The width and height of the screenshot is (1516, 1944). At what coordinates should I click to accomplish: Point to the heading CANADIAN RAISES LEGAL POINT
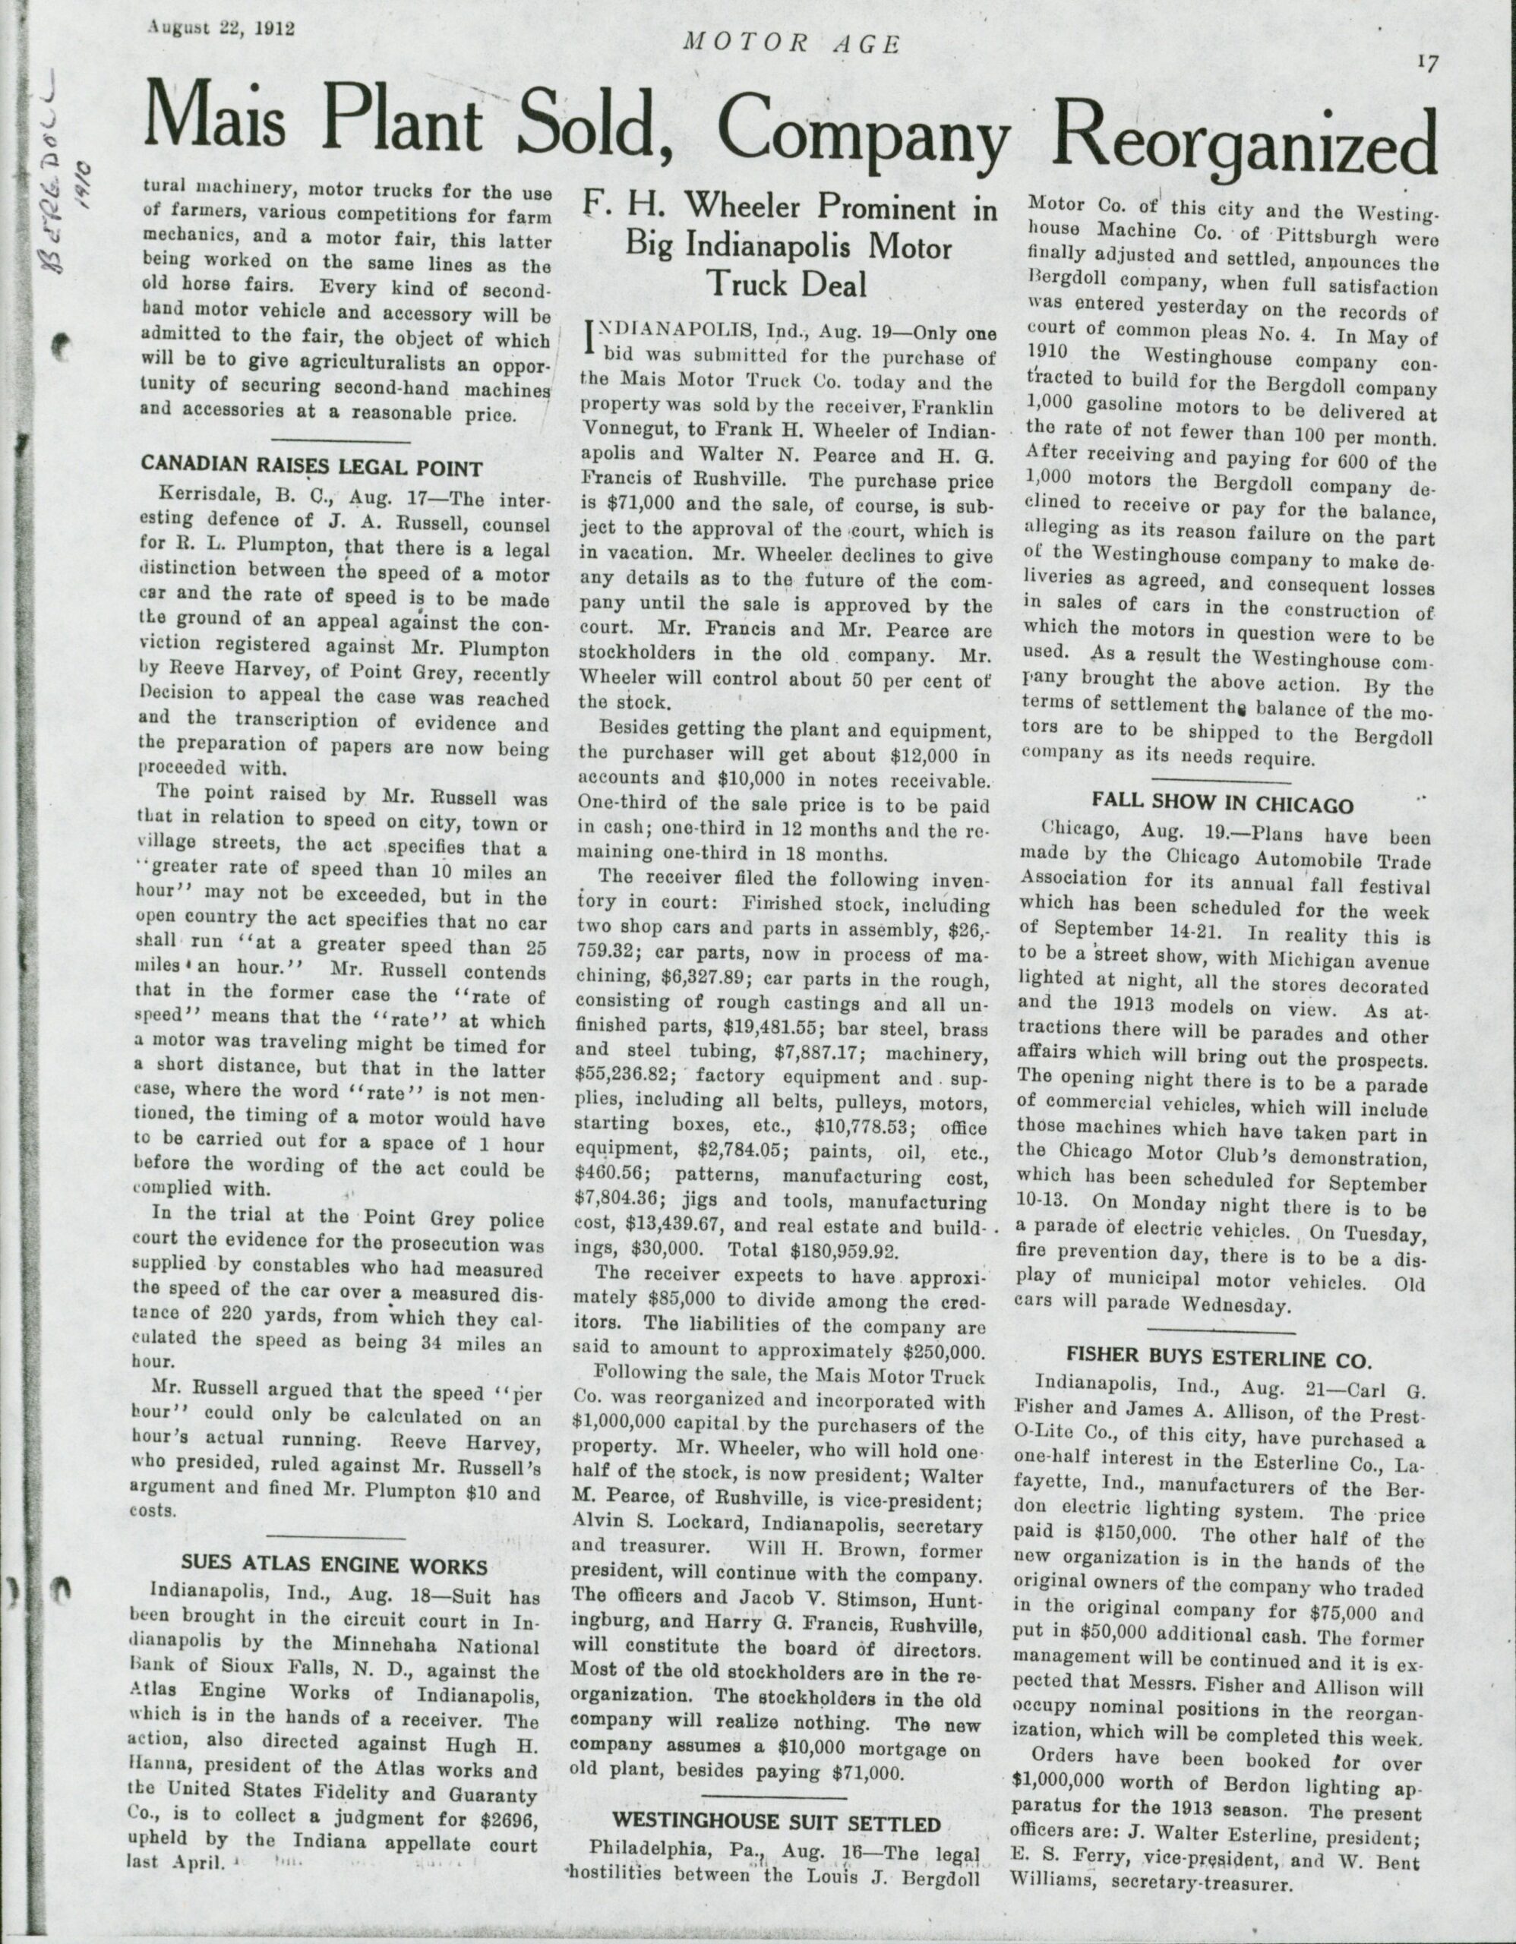coord(312,469)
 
